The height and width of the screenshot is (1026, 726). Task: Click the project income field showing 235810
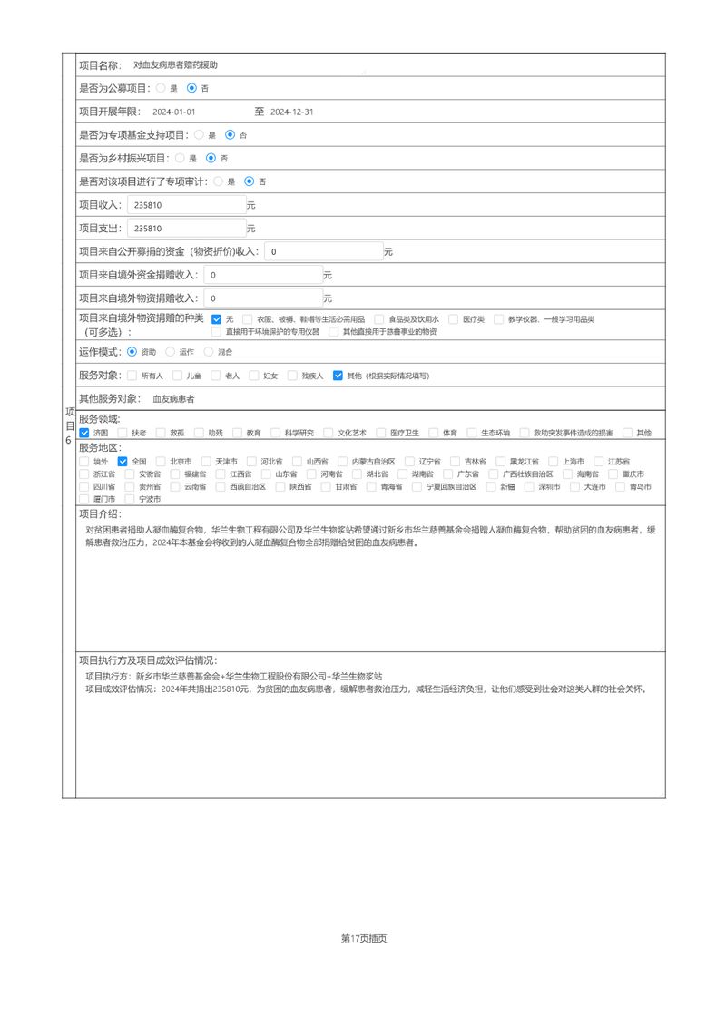click(187, 205)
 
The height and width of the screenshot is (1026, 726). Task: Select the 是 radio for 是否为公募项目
click(161, 88)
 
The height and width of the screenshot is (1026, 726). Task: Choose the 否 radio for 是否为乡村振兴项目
click(211, 158)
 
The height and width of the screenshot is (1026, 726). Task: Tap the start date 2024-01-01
click(174, 112)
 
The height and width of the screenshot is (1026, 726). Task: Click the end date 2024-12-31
click(292, 112)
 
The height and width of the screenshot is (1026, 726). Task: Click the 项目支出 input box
click(187, 229)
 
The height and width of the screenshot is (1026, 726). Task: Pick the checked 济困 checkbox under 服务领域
click(84, 433)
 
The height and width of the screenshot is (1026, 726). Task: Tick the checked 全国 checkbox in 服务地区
click(123, 461)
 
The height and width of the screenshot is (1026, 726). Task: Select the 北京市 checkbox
click(161, 461)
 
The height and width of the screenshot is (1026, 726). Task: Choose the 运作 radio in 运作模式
click(171, 351)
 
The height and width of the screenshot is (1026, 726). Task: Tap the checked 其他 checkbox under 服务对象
click(338, 375)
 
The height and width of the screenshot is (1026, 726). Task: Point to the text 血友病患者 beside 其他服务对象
click(173, 398)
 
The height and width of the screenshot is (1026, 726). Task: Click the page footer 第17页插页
click(364, 938)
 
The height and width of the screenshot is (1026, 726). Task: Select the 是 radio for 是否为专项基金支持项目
click(199, 134)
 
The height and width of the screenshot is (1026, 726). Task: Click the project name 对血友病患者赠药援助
click(175, 65)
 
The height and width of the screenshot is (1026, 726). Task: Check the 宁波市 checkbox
click(132, 499)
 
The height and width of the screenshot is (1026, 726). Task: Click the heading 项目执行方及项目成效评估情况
click(148, 660)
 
